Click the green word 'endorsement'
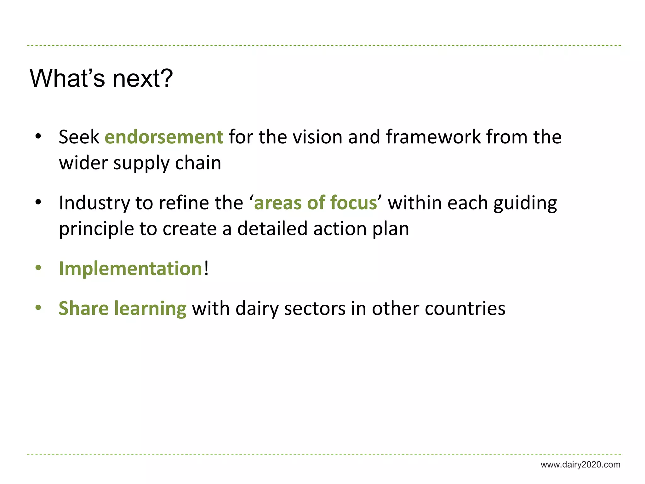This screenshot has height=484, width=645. click(164, 137)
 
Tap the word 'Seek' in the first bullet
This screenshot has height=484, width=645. click(79, 137)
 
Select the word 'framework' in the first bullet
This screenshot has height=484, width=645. click(433, 137)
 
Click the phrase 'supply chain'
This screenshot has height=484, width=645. click(167, 164)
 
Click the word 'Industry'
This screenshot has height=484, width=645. click(94, 203)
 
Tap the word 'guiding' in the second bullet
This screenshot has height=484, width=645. click(525, 204)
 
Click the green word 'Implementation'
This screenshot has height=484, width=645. click(130, 268)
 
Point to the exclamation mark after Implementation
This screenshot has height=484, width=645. click(206, 268)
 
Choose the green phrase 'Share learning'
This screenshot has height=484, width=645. click(123, 308)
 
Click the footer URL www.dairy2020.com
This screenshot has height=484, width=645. click(580, 464)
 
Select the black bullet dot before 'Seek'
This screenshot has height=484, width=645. click(38, 137)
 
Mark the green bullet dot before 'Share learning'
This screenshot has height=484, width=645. click(38, 308)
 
